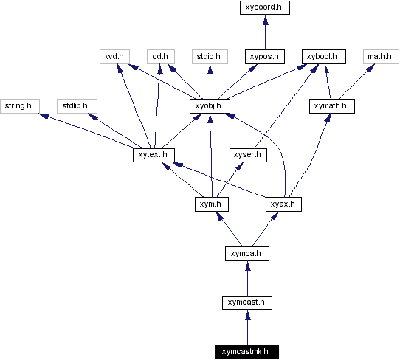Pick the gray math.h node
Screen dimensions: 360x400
click(379, 56)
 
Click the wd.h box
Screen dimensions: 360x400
click(113, 56)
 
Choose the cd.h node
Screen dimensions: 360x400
click(159, 56)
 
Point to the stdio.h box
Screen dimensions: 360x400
click(210, 56)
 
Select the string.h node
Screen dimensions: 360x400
click(18, 106)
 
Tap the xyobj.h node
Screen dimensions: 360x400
click(210, 106)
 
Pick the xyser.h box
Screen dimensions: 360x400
click(246, 155)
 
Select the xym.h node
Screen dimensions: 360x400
click(210, 204)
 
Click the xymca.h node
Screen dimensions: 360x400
click(246, 253)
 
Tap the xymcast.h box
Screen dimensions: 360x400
click(246, 302)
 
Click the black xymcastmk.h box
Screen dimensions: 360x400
click(246, 351)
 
